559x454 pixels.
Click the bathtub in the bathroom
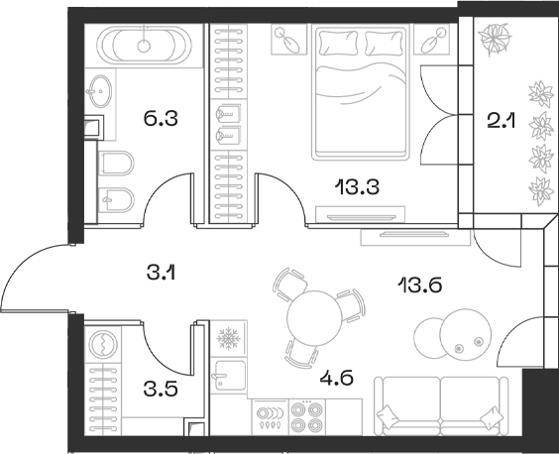tap(146, 45)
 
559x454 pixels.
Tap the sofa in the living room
tap(443, 405)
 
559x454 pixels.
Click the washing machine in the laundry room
tap(105, 345)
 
